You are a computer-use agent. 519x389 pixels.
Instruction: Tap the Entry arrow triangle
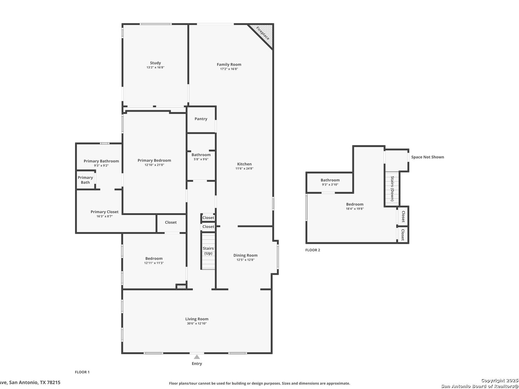point(197,357)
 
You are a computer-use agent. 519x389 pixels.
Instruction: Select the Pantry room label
point(201,119)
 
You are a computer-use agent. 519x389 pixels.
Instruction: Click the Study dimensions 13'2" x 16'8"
point(155,67)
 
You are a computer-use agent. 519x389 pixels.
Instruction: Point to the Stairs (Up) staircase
point(208,251)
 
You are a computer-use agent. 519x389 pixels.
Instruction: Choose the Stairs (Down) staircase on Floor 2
point(392,188)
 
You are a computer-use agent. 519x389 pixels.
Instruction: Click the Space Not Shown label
point(427,157)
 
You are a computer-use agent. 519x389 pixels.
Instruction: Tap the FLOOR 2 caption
point(312,250)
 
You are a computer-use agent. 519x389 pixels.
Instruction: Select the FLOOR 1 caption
point(82,372)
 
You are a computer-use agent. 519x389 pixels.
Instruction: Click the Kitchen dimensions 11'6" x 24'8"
point(244,169)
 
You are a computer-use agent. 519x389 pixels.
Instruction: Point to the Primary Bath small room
point(85,180)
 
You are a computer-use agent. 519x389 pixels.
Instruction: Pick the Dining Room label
point(245,255)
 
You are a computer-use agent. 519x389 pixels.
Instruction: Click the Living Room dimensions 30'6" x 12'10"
point(197,323)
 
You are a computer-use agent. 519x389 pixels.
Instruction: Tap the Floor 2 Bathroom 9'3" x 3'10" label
point(330,182)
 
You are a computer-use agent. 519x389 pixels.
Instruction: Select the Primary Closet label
point(105,212)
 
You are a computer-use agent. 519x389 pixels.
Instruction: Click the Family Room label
point(229,64)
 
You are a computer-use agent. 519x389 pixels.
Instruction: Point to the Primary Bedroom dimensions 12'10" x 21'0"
point(154,165)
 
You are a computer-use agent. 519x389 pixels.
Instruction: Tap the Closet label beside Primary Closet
point(171,222)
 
